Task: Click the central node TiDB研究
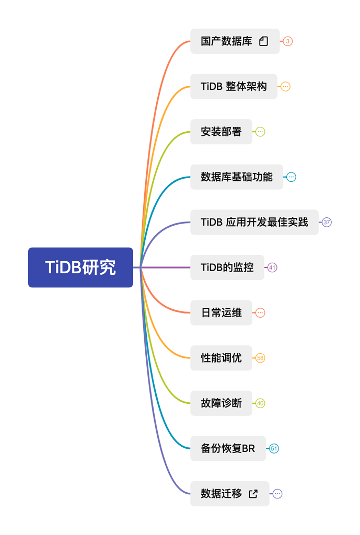pyautogui.click(x=80, y=267)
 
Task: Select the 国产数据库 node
pyautogui.click(x=226, y=41)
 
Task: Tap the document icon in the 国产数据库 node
pyautogui.click(x=264, y=41)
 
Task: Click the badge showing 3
pyautogui.click(x=288, y=41)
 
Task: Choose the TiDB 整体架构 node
pyautogui.click(x=234, y=86)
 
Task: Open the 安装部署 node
pyautogui.click(x=221, y=132)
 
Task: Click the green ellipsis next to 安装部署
pyautogui.click(x=260, y=132)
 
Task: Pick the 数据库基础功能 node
pyautogui.click(x=236, y=177)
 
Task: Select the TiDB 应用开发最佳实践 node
pyautogui.click(x=254, y=222)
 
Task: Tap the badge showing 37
pyautogui.click(x=327, y=222)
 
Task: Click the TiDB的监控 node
pyautogui.click(x=227, y=267)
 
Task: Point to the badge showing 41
pyautogui.click(x=272, y=267)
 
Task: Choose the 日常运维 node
pyautogui.click(x=221, y=313)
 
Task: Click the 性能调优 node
pyautogui.click(x=221, y=358)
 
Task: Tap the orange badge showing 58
pyautogui.click(x=260, y=358)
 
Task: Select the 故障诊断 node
pyautogui.click(x=221, y=403)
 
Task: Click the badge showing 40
pyautogui.click(x=260, y=403)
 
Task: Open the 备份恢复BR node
pyautogui.click(x=228, y=448)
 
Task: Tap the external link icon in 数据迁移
pyautogui.click(x=253, y=494)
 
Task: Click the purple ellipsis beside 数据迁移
pyautogui.click(x=277, y=494)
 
